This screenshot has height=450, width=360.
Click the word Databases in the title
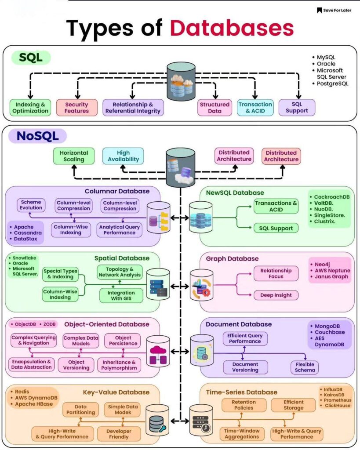[232, 28]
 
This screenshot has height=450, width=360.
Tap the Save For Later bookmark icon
[319, 11]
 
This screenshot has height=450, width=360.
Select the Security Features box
[76, 108]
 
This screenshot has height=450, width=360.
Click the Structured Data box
[215, 108]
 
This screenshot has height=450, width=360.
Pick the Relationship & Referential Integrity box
[133, 108]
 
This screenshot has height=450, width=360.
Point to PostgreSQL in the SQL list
[333, 83]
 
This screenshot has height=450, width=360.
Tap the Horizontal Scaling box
[73, 156]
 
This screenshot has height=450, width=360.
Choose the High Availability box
[123, 156]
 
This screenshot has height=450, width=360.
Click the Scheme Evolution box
[31, 205]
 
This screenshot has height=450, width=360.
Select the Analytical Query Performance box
[119, 230]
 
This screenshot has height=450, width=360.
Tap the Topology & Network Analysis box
[120, 272]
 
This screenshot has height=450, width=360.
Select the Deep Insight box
[276, 295]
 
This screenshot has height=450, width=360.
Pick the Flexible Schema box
[305, 367]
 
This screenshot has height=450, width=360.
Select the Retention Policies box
[244, 405]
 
